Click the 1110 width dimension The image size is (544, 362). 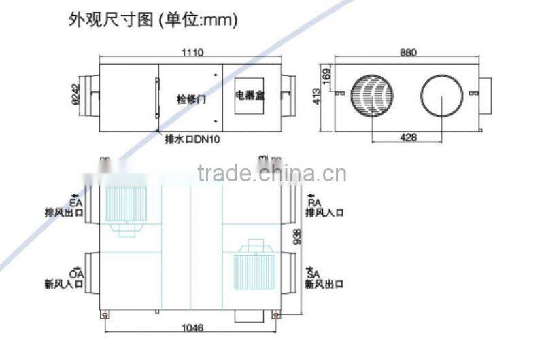[x=193, y=52]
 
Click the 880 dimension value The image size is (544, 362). [x=408, y=52]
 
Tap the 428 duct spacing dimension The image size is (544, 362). [x=408, y=138]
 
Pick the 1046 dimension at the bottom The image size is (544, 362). [x=191, y=327]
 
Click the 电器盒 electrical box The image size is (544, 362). [x=250, y=95]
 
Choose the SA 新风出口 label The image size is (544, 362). [x=324, y=278]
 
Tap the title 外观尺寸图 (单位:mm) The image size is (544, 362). [x=153, y=20]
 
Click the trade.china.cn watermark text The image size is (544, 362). [x=272, y=174]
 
